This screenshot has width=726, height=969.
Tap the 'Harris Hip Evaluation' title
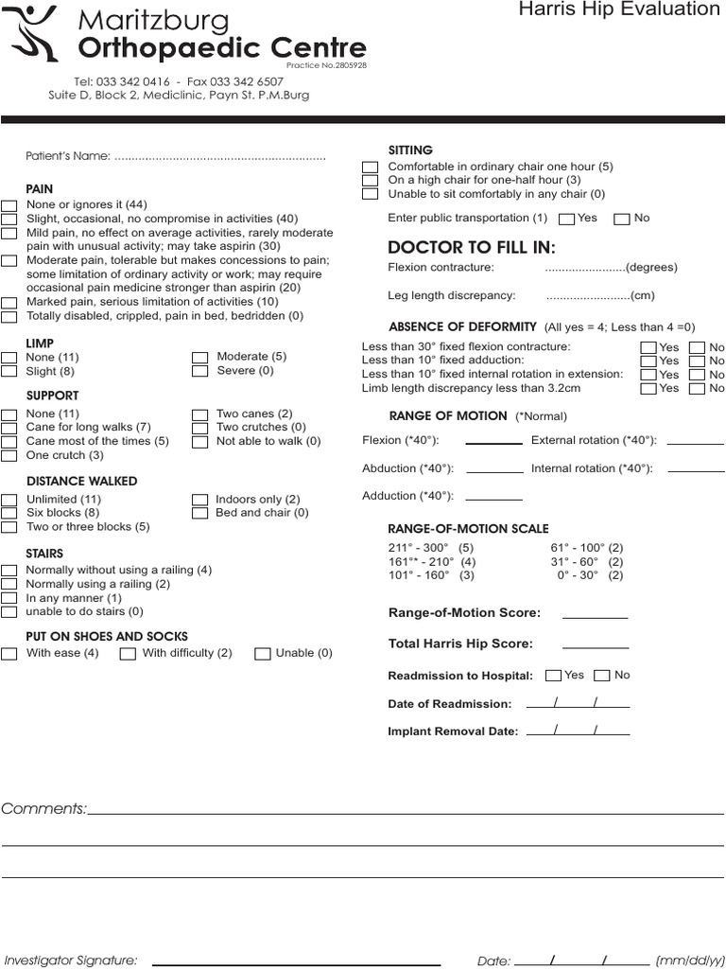pyautogui.click(x=619, y=9)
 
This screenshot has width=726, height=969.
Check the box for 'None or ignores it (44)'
pyautogui.click(x=9, y=205)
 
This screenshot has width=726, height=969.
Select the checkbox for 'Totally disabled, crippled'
pyautogui.click(x=9, y=316)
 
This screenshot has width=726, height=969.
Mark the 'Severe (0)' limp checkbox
pyautogui.click(x=199, y=371)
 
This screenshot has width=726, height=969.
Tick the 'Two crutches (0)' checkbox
pyautogui.click(x=199, y=428)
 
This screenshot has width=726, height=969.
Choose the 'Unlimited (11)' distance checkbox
pyautogui.click(x=9, y=500)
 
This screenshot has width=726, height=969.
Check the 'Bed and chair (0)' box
pyautogui.click(x=199, y=513)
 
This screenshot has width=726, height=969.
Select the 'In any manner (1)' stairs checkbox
pyautogui.click(x=9, y=598)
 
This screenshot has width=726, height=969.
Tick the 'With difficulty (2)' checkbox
pyautogui.click(x=128, y=653)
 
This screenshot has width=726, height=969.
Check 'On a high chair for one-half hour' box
pyautogui.click(x=371, y=180)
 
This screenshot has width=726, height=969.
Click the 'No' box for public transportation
pyautogui.click(x=621, y=219)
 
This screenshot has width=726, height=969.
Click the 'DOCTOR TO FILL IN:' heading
pyautogui.click(x=472, y=248)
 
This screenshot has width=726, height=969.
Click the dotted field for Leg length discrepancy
pyautogui.click(x=587, y=295)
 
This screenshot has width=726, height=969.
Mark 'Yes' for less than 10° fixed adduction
pyautogui.click(x=648, y=361)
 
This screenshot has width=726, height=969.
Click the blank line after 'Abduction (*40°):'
pyautogui.click(x=494, y=469)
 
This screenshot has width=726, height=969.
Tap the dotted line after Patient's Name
pyautogui.click(x=219, y=157)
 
